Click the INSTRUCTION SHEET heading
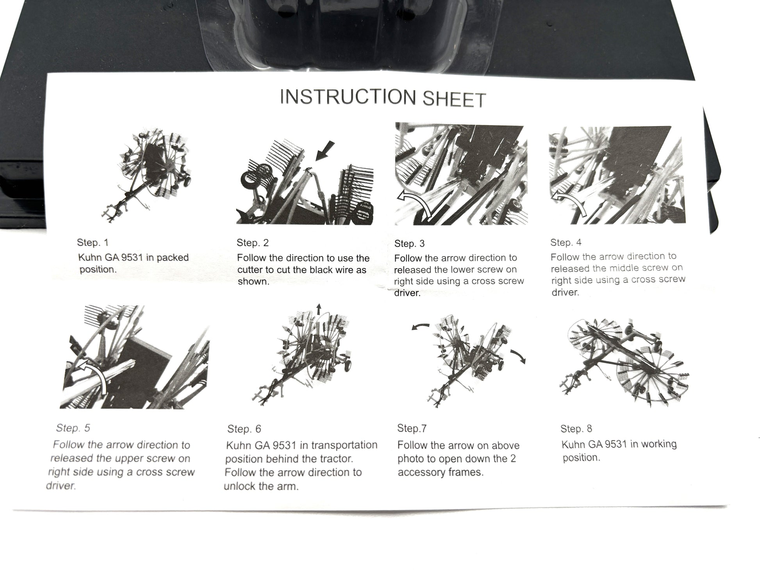383,98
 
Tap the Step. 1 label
93,242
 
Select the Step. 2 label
253,243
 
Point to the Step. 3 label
409,244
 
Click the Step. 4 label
566,242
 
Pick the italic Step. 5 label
73,428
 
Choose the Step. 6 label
244,429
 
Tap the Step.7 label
412,428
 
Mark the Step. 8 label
576,429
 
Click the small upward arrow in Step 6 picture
319,309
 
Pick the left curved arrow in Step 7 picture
420,326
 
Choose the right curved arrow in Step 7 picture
518,356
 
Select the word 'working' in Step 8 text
658,444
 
